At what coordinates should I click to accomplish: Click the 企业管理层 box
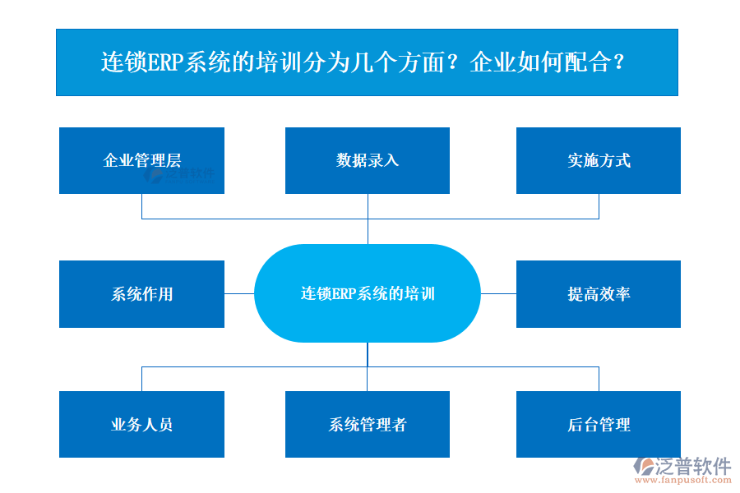[x=141, y=160]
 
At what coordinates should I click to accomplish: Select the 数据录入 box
[x=367, y=160]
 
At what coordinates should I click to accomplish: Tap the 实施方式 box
[x=598, y=160]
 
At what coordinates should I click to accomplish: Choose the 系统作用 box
[x=141, y=293]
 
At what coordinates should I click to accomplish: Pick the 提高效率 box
[x=598, y=293]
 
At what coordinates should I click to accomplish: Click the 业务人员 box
[x=141, y=424]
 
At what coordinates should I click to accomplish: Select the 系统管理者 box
[x=367, y=424]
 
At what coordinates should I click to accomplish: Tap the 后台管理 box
[x=598, y=424]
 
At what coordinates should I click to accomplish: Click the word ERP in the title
[x=165, y=63]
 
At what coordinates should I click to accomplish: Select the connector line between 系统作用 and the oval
[x=238, y=293]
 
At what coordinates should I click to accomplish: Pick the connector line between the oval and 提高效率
[x=498, y=293]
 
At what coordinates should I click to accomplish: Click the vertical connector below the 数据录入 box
[x=368, y=218]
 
